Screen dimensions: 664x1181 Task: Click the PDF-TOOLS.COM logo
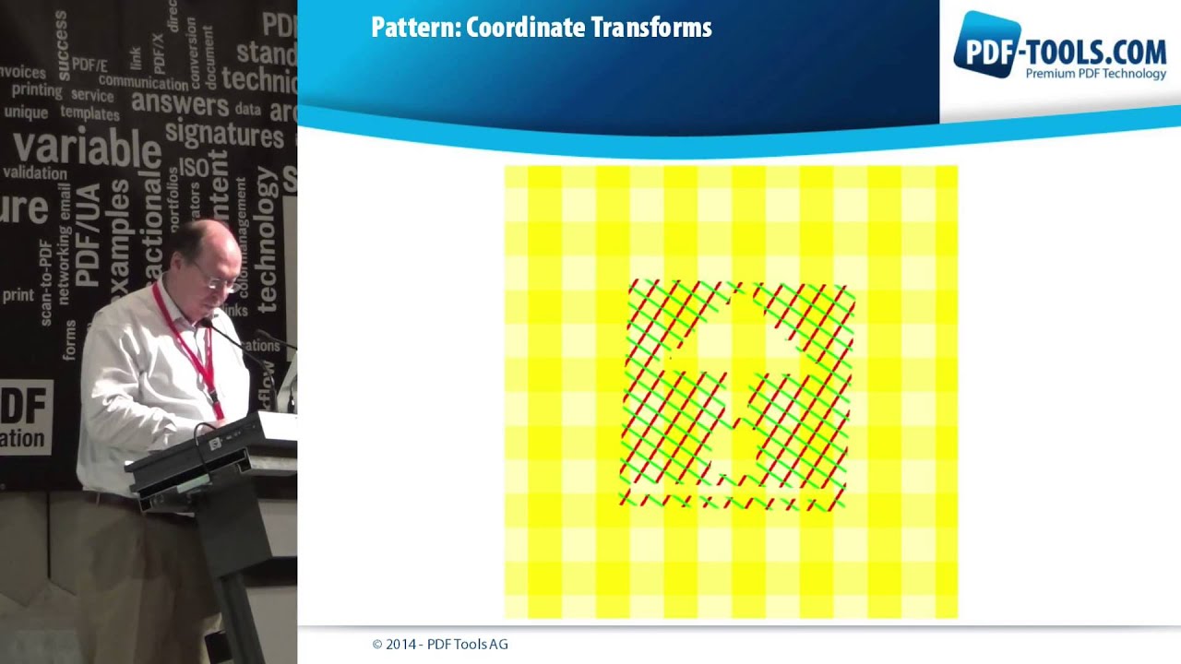[1059, 46]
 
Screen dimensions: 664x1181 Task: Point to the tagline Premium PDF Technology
[1095, 74]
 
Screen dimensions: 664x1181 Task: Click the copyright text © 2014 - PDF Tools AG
[439, 645]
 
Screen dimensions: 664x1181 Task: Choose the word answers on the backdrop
[180, 103]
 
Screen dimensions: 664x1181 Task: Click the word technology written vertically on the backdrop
[267, 240]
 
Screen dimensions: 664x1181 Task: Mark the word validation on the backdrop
[35, 172]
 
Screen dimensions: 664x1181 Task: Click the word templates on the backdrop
[89, 113]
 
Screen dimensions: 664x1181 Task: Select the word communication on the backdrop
[143, 81]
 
